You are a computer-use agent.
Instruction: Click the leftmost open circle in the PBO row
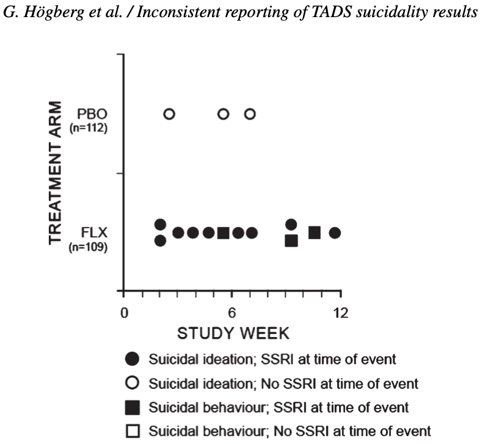[169, 114]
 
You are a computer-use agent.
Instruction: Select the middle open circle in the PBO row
[224, 114]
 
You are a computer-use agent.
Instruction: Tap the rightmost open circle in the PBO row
[250, 114]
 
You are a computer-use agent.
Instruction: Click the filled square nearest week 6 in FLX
[224, 233]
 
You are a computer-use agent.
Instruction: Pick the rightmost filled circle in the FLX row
[335, 233]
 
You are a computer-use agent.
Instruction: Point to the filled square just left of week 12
[315, 232]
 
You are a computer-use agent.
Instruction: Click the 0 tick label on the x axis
[124, 312]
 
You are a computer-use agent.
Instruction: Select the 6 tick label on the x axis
[232, 312]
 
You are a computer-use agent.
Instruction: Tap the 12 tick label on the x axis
[340, 312]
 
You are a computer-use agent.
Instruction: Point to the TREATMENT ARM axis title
[57, 173]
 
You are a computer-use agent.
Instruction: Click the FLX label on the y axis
[91, 233]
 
